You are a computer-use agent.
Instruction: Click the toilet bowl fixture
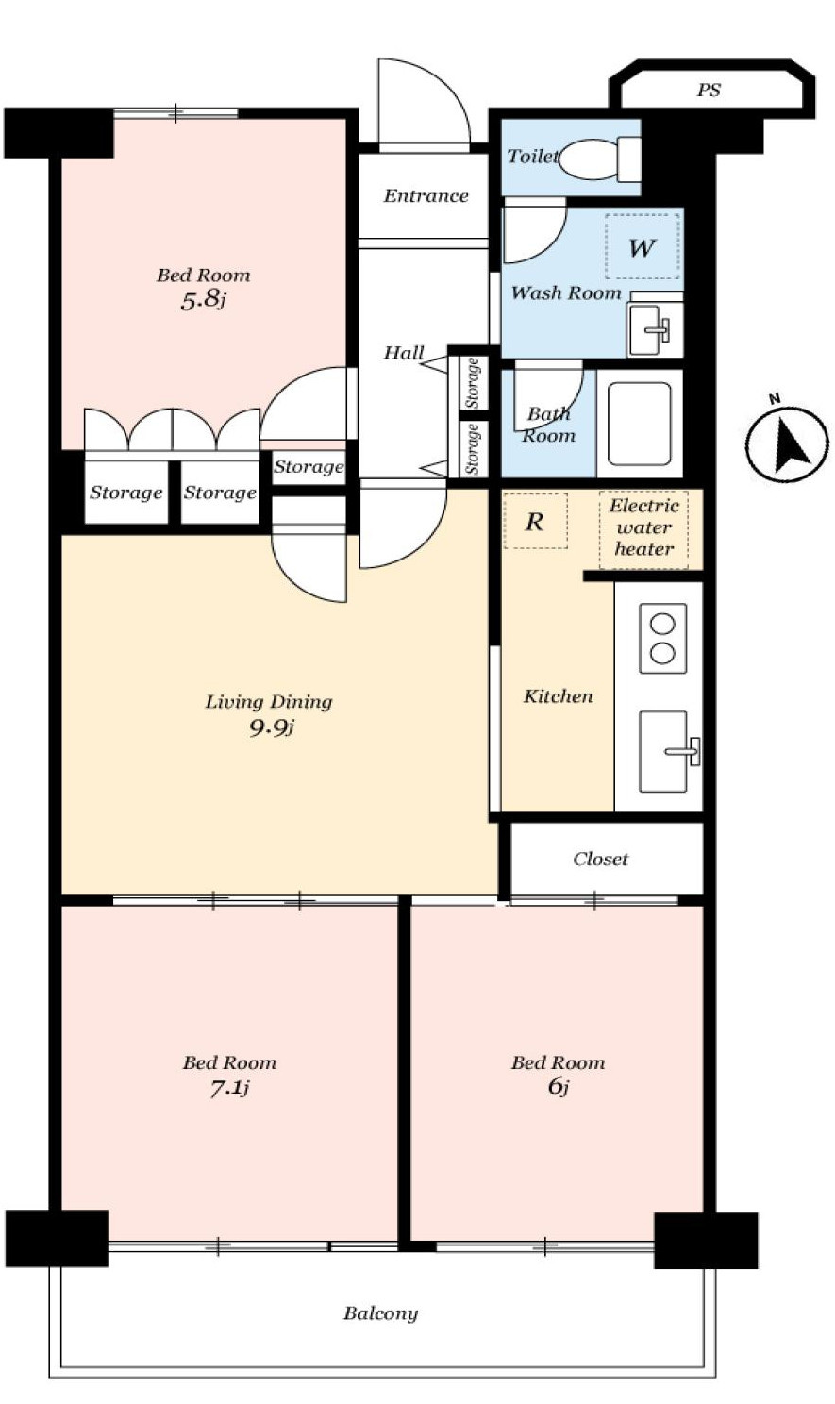pos(599,159)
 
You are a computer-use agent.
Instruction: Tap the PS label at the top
pos(709,91)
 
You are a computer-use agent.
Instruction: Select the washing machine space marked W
pos(643,246)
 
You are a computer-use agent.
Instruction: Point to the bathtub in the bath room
pos(640,424)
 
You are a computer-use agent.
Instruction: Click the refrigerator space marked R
pos(535,521)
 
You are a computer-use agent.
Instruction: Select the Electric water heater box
pos(643,528)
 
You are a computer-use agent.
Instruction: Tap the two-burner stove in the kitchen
pos(662,638)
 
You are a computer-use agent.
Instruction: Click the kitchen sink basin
pos(663,751)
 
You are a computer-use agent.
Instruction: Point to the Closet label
pos(601,859)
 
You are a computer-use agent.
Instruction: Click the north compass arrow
pos(789,443)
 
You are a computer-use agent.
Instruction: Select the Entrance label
pos(426,196)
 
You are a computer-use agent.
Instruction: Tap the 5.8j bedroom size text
pos(203,301)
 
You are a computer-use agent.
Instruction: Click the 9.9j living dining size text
pos(272,727)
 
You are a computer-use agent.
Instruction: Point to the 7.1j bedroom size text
pos(229,1088)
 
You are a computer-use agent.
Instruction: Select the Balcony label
pos(380,1313)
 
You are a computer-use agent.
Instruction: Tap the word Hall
pos(404,353)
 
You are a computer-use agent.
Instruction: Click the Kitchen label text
pos(558,696)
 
